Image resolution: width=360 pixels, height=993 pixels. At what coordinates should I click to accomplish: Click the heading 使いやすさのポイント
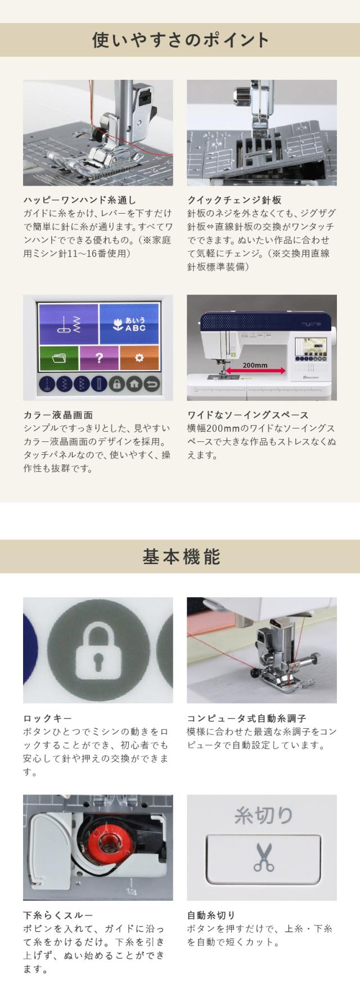180,40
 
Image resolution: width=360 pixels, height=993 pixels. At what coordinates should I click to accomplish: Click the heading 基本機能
180,556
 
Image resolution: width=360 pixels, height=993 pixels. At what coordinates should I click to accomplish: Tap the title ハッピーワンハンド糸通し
79,200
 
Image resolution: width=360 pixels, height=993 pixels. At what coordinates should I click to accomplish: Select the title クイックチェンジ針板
235,200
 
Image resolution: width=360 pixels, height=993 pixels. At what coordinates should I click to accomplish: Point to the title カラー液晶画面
58,415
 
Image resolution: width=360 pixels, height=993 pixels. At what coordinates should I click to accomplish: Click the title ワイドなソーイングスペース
247,415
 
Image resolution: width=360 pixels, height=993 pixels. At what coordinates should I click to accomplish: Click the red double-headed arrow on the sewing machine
255,372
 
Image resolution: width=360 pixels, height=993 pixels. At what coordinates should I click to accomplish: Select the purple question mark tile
99,358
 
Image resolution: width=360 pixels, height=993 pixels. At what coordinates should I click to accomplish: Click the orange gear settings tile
139,358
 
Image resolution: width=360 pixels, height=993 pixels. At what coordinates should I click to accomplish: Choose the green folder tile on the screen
58,358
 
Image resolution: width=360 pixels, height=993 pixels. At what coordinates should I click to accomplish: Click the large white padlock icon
98,651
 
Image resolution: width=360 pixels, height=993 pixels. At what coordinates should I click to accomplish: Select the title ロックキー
47,719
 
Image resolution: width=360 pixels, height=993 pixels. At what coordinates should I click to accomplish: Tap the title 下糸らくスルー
58,915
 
